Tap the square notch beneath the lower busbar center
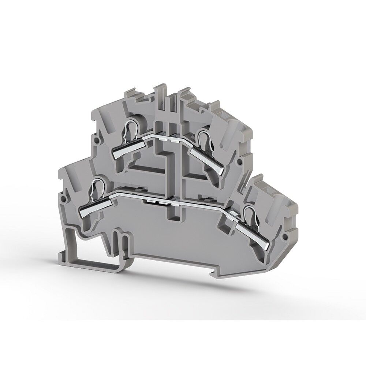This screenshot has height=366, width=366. (x=173, y=218)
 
